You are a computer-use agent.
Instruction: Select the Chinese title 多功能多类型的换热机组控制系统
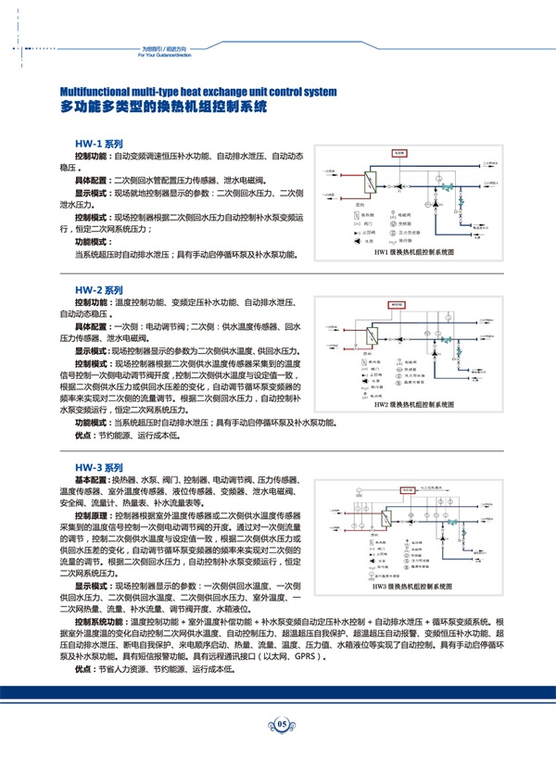point(163,108)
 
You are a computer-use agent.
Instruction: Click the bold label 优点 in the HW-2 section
point(84,434)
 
